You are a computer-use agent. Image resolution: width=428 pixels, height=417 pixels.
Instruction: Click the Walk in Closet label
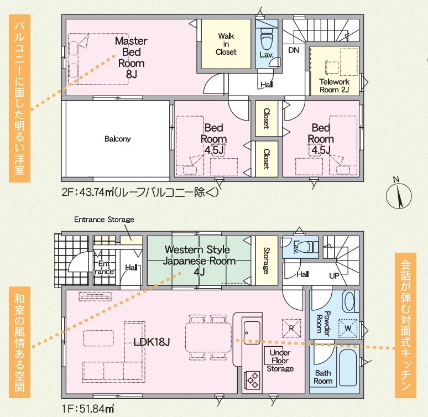tap(226, 44)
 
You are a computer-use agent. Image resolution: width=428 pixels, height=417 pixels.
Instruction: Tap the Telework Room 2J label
tap(335, 86)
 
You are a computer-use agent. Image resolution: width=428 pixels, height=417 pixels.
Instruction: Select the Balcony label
tap(118, 139)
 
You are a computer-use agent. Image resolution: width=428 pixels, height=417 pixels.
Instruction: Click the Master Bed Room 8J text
tap(131, 58)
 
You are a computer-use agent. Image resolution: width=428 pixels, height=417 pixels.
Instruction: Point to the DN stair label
tap(294, 50)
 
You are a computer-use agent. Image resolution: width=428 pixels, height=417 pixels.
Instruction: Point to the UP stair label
tap(334, 276)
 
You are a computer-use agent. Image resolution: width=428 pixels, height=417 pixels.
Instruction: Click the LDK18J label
tap(152, 342)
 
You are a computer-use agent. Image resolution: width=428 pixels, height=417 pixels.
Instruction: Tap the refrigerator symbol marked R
tap(291, 329)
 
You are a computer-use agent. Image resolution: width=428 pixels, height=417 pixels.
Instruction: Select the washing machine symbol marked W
tap(348, 329)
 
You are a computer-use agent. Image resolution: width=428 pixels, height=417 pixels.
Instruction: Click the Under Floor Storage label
tap(280, 361)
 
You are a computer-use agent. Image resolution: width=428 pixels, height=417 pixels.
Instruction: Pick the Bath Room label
tap(323, 377)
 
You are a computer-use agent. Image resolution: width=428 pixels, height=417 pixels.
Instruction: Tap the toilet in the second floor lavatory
tap(267, 40)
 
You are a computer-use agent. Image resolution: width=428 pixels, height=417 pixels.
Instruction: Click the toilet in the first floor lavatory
tap(310, 247)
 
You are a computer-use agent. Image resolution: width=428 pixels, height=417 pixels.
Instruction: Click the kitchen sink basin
tap(252, 332)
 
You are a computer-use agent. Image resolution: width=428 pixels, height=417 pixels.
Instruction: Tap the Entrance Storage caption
tap(105, 220)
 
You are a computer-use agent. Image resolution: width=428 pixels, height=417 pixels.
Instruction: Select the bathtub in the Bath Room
tap(348, 368)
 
